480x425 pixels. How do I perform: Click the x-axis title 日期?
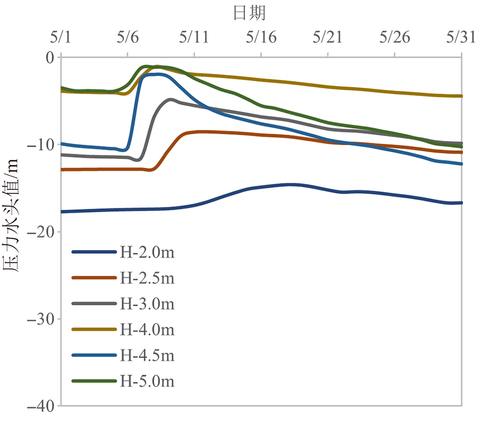[249, 13]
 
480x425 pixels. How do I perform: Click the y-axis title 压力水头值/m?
[11, 215]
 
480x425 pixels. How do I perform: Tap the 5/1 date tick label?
[60, 37]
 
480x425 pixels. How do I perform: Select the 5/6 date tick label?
[128, 37]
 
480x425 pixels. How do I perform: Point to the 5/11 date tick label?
[194, 37]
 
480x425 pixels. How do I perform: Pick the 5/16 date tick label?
[261, 37]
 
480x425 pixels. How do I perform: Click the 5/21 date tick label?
[327, 37]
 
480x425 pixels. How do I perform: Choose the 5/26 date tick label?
[395, 37]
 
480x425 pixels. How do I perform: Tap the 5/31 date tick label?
[461, 37]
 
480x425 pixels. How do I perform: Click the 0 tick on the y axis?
[50, 58]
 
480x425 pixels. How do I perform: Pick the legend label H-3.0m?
[147, 304]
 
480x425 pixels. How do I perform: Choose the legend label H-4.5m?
[147, 355]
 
